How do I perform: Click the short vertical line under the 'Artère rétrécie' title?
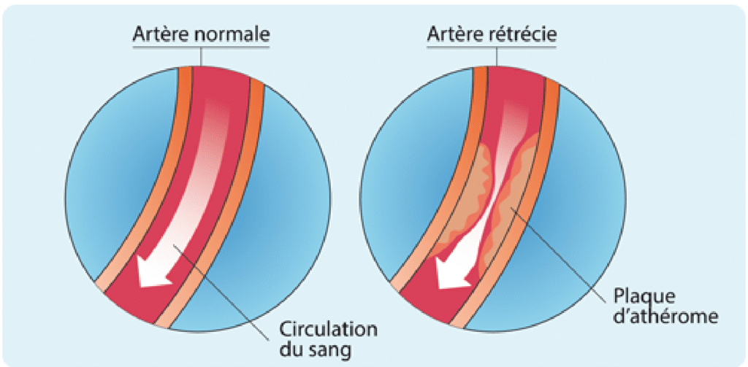coord(497,57)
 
